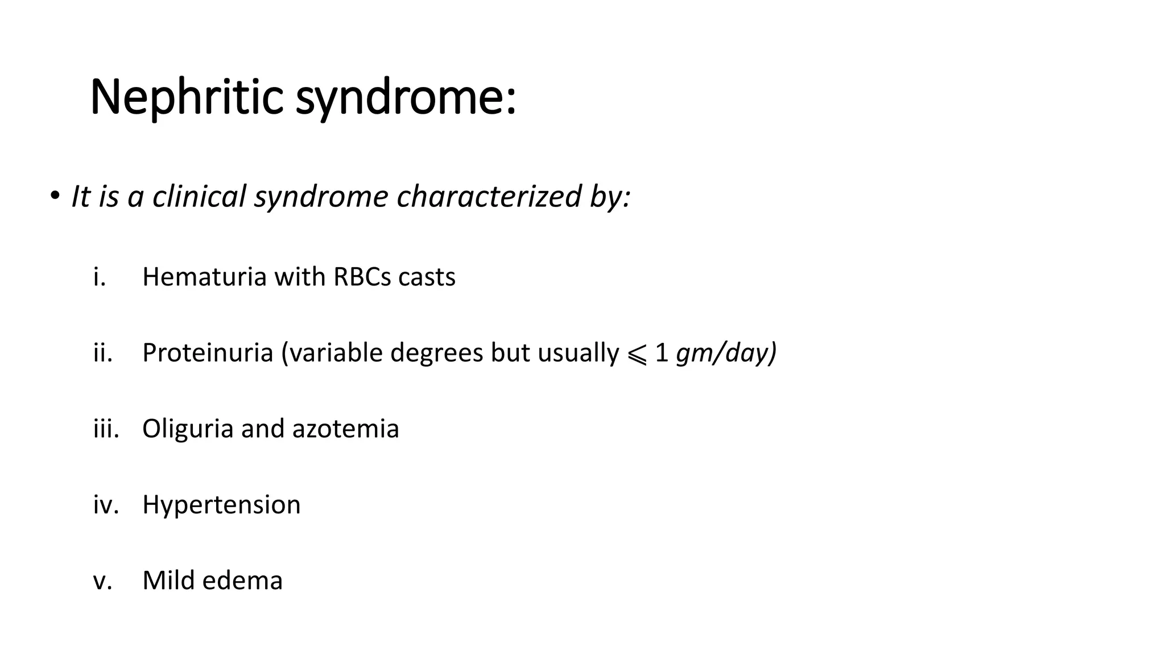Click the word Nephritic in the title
point(187,98)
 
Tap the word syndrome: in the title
point(406,98)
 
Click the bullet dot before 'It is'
point(54,196)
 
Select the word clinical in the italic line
point(199,196)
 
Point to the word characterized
point(488,196)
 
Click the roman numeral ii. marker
point(102,353)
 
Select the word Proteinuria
point(208,353)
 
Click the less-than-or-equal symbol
point(637,355)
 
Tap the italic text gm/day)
point(726,353)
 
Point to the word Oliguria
point(188,429)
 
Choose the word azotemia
point(345,429)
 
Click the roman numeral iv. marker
point(106,504)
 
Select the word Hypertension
point(221,504)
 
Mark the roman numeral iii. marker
point(106,429)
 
